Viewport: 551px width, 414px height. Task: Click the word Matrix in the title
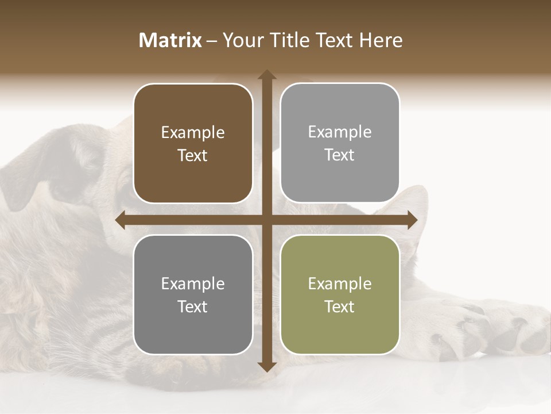click(170, 40)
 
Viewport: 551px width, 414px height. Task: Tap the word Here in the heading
click(381, 40)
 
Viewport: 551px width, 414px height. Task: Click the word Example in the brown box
click(193, 133)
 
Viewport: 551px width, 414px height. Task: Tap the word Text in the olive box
click(340, 306)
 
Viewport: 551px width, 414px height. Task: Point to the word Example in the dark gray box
click(193, 283)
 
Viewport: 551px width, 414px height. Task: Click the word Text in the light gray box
click(340, 155)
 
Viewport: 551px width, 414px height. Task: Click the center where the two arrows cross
click(267, 220)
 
